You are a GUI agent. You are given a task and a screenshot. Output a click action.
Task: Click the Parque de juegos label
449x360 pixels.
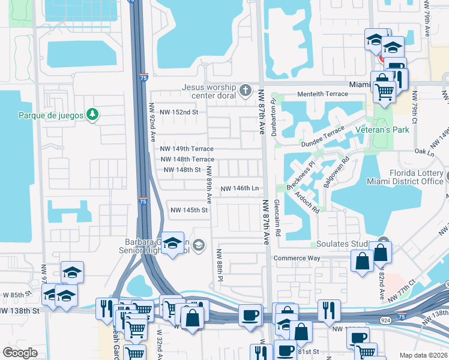point(50,115)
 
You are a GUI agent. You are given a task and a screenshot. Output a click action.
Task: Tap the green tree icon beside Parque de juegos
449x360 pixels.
point(92,115)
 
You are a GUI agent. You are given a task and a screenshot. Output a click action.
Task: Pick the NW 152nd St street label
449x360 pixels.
point(178,112)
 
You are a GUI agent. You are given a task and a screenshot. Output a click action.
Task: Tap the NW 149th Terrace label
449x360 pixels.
point(187,149)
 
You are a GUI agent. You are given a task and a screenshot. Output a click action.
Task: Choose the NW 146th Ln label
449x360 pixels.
point(240,188)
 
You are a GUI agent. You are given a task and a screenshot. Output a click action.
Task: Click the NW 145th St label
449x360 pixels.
point(189,210)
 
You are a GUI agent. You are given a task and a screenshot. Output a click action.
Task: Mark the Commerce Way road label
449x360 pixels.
point(298,258)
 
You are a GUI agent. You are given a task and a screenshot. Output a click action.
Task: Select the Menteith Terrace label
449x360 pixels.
point(323,94)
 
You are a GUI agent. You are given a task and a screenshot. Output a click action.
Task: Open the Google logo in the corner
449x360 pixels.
point(20,352)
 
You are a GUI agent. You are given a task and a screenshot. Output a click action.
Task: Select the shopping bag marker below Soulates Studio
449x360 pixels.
point(363,262)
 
